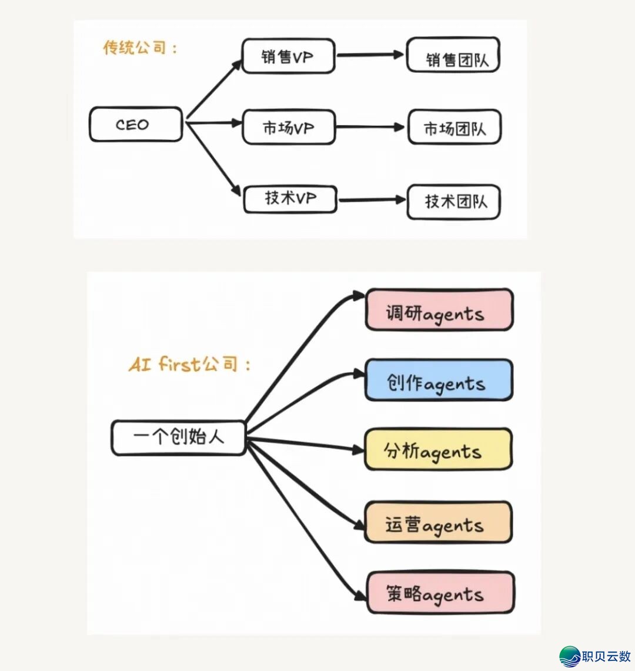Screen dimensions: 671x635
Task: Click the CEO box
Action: pyautogui.click(x=136, y=124)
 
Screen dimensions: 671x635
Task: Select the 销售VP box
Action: pyautogui.click(x=288, y=56)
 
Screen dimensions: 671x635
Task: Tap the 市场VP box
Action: pyautogui.click(x=289, y=127)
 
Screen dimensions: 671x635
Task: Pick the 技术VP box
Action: pyautogui.click(x=290, y=199)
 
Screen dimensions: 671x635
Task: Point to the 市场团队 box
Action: pyautogui.click(x=454, y=127)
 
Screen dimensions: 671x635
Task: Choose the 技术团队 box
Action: pyautogui.click(x=454, y=202)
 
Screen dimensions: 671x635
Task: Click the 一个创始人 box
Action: pyautogui.click(x=178, y=438)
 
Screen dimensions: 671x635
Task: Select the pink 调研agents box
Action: pyautogui.click(x=439, y=310)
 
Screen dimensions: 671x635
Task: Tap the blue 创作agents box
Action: pyautogui.click(x=439, y=380)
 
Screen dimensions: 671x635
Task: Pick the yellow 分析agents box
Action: pyautogui.click(x=438, y=450)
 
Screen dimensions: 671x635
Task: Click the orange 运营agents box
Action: pyautogui.click(x=438, y=522)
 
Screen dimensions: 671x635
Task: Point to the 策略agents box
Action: pyautogui.click(x=440, y=593)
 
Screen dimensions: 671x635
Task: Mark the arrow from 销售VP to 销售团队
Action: pyautogui.click(x=370, y=55)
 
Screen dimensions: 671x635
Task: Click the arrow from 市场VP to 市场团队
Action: pyautogui.click(x=372, y=127)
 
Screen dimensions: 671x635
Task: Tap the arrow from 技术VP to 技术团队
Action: pyautogui.click(x=372, y=201)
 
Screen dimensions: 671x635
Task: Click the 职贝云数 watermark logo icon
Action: pyautogui.click(x=570, y=656)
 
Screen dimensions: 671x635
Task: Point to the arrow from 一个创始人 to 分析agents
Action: pyautogui.click(x=306, y=443)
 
